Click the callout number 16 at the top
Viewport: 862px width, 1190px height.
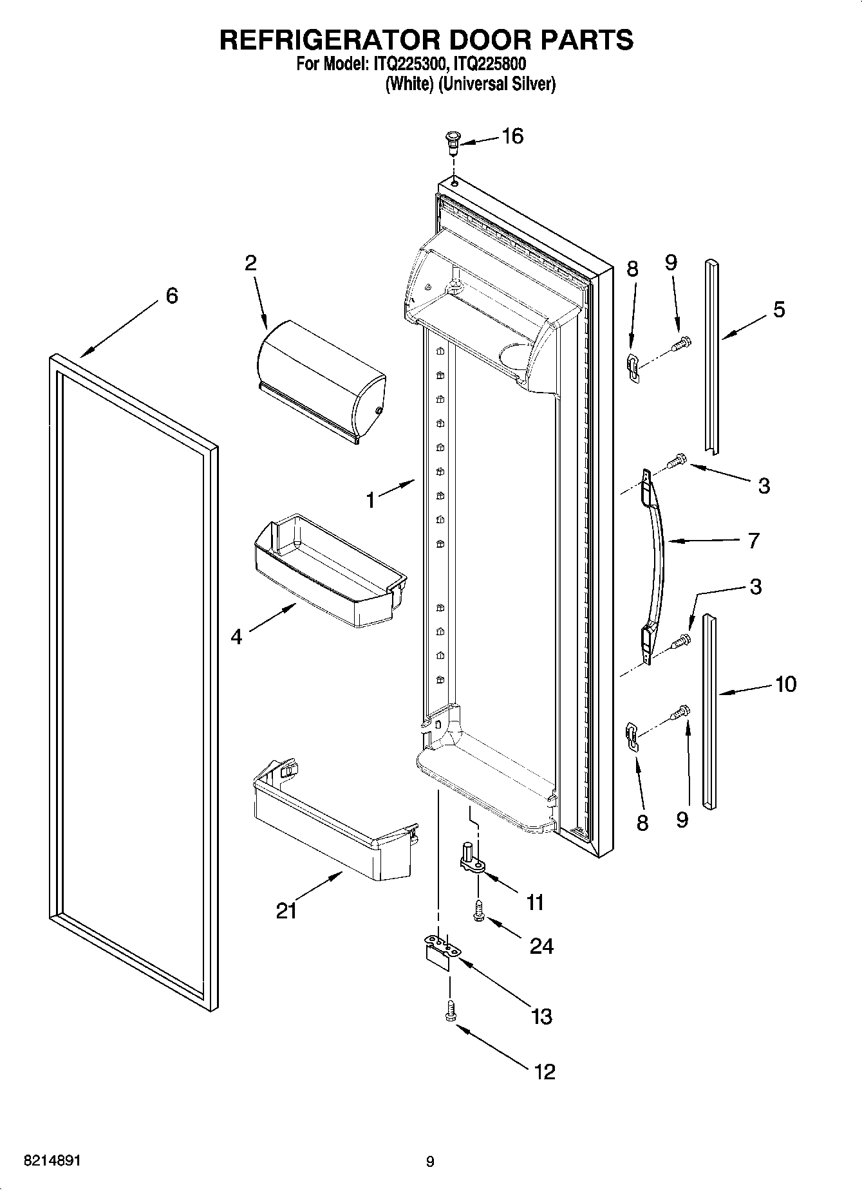(x=512, y=136)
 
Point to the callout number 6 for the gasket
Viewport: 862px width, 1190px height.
(x=171, y=296)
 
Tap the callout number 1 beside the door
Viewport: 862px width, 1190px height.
(x=370, y=499)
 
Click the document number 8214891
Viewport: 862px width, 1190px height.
(x=52, y=1161)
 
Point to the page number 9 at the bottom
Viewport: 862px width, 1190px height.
(x=430, y=1162)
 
